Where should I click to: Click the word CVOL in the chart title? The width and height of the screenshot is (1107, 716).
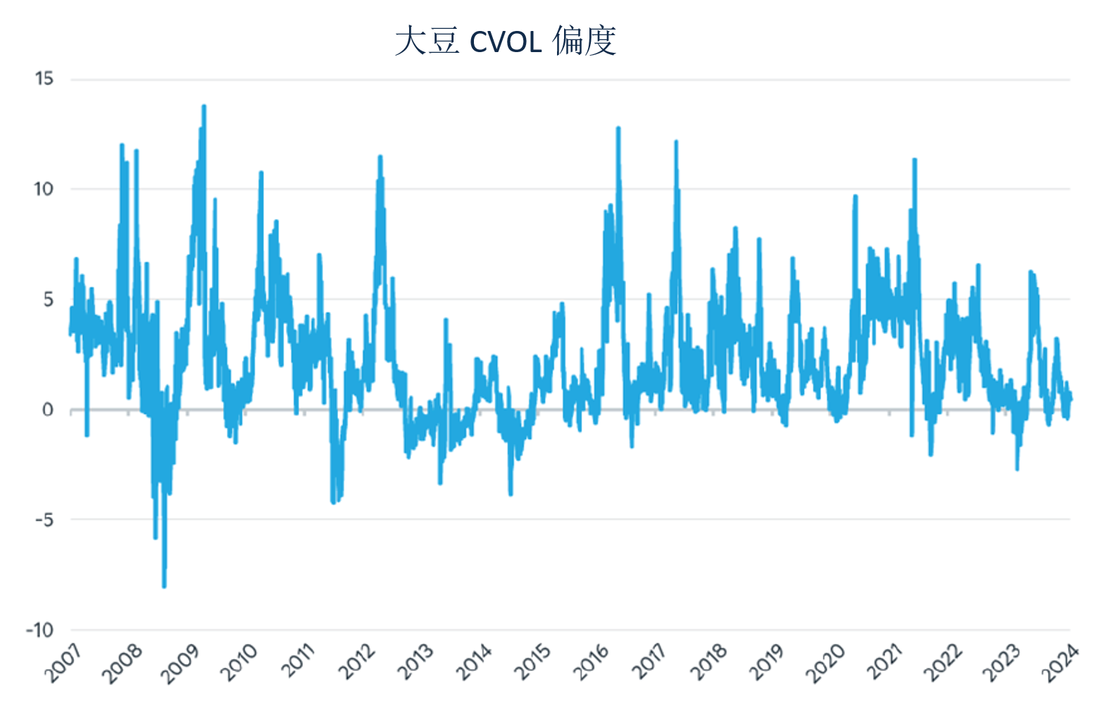click(x=505, y=42)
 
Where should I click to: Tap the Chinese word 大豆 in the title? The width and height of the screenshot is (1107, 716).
click(x=427, y=41)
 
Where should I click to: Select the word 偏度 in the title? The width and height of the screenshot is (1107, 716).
click(x=584, y=41)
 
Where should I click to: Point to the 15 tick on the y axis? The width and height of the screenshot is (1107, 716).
click(x=44, y=79)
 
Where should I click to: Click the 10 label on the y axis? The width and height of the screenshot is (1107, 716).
click(x=44, y=189)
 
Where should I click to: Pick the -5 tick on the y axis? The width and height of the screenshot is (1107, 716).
click(x=44, y=520)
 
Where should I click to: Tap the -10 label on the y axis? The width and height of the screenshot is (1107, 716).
click(x=40, y=631)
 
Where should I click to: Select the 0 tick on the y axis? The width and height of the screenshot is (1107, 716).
click(x=48, y=410)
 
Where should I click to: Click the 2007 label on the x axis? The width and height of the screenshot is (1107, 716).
click(x=63, y=664)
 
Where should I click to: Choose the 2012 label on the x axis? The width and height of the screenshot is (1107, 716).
click(x=357, y=664)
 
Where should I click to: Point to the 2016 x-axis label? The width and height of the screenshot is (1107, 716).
click(x=592, y=664)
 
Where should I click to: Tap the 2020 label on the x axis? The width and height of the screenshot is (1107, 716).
click(x=826, y=664)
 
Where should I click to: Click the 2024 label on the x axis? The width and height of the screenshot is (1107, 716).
click(x=1061, y=664)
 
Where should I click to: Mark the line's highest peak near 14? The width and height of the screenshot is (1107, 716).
click(x=204, y=106)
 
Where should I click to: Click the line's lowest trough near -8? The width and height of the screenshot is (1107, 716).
click(x=164, y=586)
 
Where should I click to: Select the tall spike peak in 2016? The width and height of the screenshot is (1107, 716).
click(x=618, y=128)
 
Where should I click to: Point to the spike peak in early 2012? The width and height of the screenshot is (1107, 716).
click(x=380, y=157)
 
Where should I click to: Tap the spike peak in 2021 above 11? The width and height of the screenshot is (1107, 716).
click(x=915, y=160)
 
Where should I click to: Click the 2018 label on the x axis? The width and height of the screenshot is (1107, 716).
click(x=708, y=664)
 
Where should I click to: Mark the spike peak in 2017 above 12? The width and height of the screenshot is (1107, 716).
click(x=676, y=142)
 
